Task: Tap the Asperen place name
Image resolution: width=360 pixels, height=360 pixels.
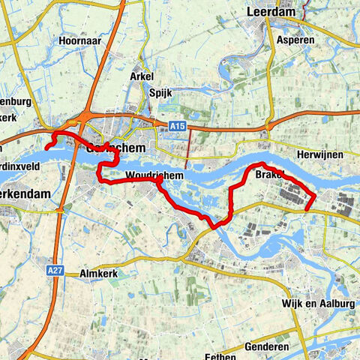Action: point(294,40)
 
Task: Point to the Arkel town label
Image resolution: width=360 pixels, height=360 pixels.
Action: point(141,76)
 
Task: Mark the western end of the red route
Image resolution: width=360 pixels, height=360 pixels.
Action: point(46,148)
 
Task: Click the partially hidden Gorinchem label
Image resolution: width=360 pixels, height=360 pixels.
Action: point(115,148)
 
